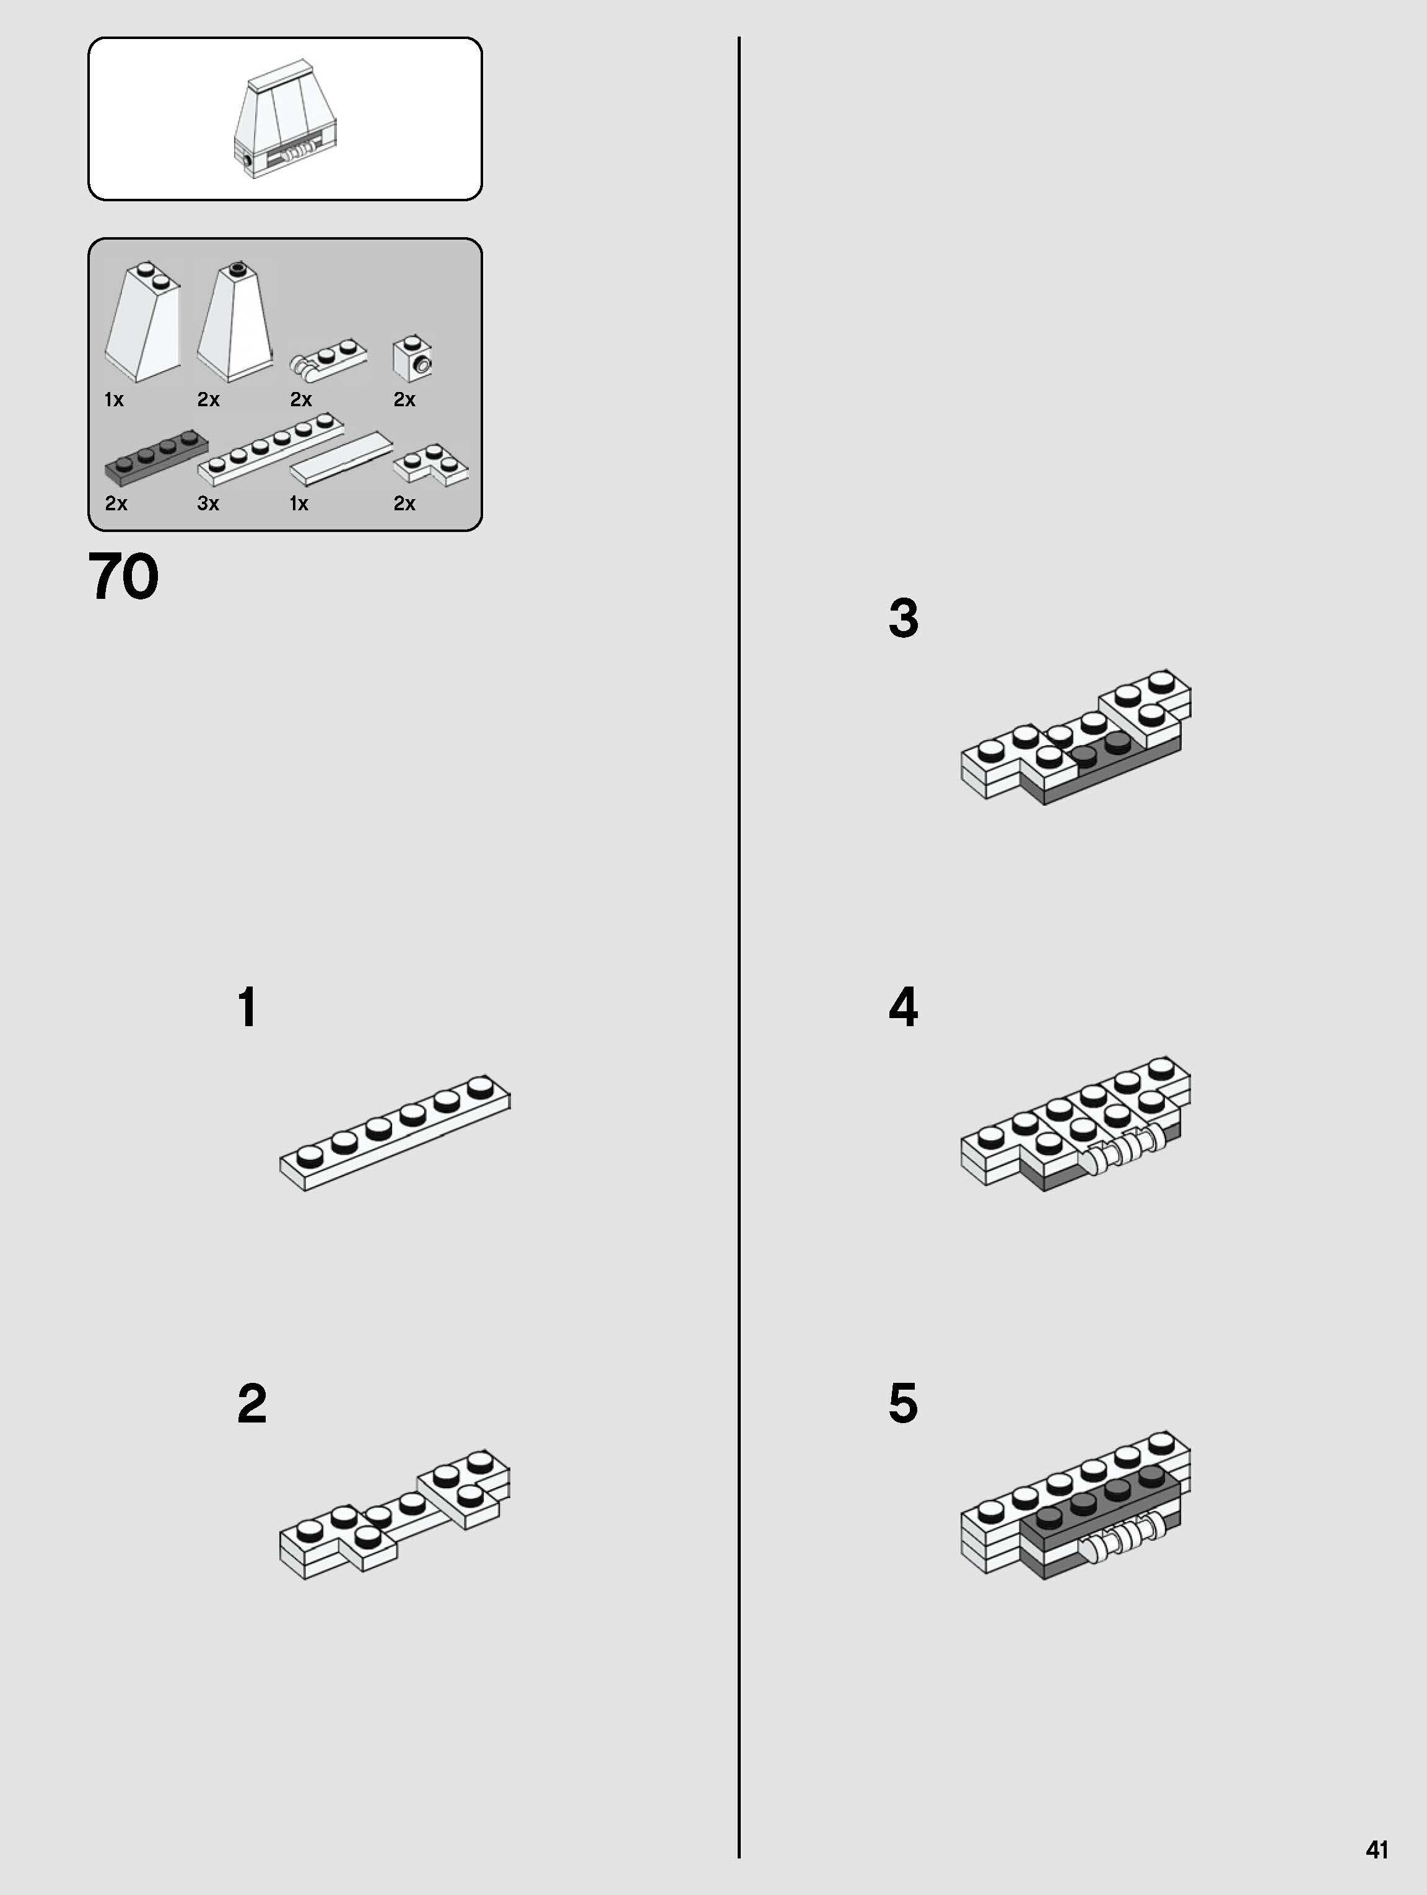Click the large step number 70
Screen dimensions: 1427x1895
[123, 576]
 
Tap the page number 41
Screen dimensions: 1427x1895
[1376, 1850]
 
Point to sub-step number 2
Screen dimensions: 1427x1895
[252, 1403]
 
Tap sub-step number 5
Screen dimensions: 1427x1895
[904, 1403]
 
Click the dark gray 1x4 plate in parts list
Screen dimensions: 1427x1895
[156, 458]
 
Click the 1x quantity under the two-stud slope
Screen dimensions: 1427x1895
[114, 399]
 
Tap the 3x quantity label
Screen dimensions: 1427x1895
[208, 503]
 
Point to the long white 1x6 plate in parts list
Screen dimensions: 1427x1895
[271, 450]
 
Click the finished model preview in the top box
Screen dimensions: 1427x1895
[286, 118]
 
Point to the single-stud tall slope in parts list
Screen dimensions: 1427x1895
[235, 322]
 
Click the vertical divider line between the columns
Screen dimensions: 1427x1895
[738, 947]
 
